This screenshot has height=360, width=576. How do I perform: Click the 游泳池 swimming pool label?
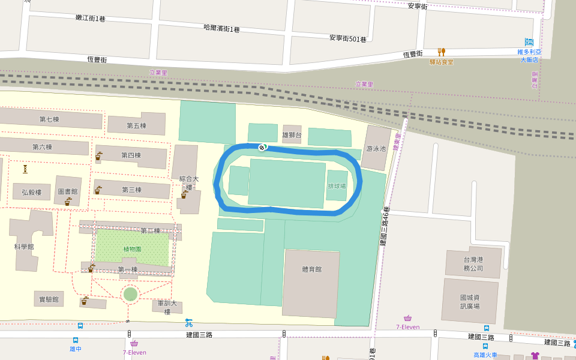tap(376, 149)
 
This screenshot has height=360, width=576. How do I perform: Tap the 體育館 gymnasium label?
tap(311, 269)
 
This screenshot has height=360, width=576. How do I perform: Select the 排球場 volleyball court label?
tap(337, 186)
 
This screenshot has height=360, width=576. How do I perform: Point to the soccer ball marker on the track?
tap(262, 147)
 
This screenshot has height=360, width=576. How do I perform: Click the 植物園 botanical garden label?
tap(132, 249)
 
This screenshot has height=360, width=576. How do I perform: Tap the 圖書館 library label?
tap(67, 192)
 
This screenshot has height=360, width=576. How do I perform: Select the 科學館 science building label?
tap(24, 246)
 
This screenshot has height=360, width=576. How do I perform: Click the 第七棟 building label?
tap(49, 119)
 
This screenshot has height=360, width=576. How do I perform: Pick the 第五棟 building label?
tap(136, 126)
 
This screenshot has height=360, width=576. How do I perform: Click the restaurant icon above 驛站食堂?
tap(441, 52)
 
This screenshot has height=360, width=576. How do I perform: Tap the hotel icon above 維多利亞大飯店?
tap(529, 42)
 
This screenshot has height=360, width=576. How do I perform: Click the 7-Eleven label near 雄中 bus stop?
tap(134, 352)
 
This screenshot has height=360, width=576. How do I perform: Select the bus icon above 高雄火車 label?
tap(485, 346)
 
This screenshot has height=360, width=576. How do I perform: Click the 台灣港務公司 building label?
tap(473, 264)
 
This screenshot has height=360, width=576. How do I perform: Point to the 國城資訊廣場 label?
tap(470, 302)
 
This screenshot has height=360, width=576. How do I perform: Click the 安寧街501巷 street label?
tap(347, 38)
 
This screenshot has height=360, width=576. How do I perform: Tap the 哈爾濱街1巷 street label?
tap(221, 28)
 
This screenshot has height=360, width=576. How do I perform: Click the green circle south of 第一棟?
tap(130, 294)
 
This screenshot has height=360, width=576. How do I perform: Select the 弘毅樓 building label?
tap(31, 193)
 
